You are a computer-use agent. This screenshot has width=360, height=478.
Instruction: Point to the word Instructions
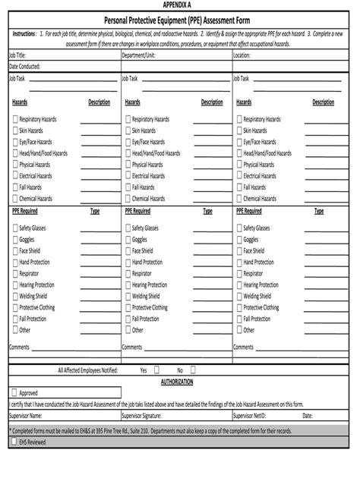(25, 35)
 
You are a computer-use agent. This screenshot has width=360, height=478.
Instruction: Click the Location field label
(242, 55)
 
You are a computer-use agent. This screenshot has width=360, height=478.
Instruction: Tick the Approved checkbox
(14, 393)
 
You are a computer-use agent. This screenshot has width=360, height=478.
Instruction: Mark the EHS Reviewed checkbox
(14, 440)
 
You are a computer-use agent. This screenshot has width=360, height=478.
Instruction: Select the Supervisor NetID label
(255, 416)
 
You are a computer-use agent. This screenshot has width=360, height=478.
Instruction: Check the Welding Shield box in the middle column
(127, 296)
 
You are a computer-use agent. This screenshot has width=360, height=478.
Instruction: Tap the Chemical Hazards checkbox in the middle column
(127, 198)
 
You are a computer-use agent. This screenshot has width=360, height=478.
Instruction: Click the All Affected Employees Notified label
(87, 370)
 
